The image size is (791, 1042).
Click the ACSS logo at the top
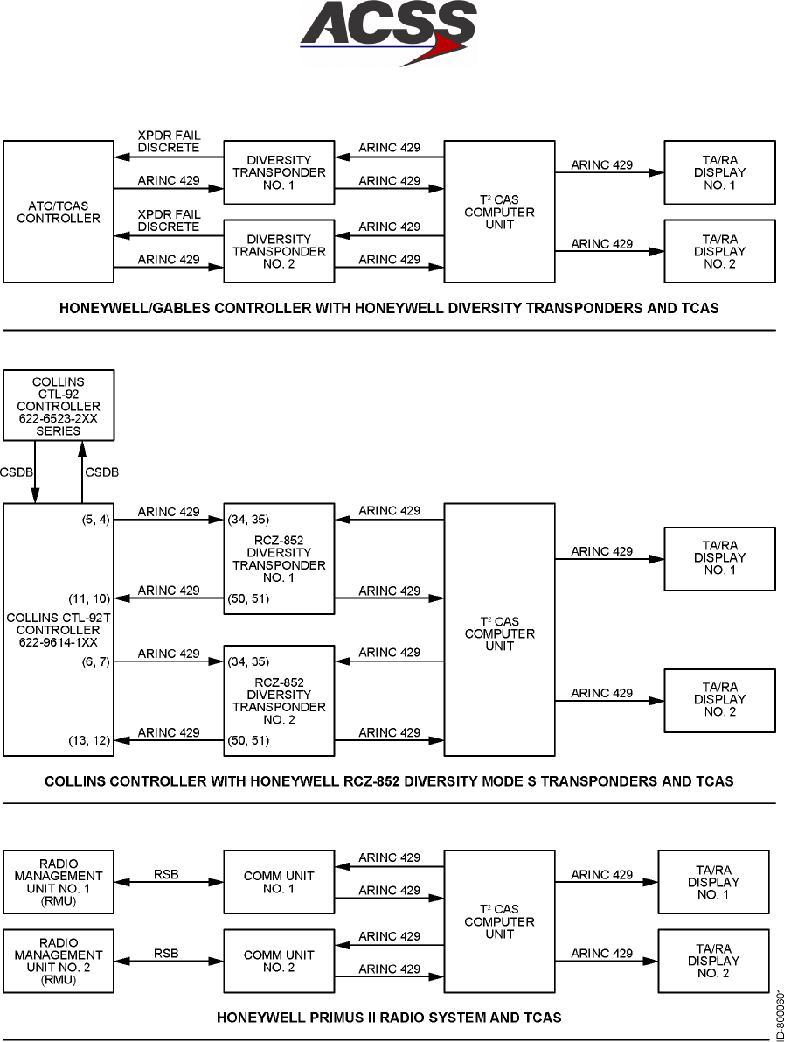pos(388,33)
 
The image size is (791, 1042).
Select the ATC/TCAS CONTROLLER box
pos(59,212)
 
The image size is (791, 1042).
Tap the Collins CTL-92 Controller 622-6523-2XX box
pos(59,406)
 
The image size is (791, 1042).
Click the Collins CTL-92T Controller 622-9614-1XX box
pos(59,629)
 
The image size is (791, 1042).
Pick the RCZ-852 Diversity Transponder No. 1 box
pos(279,557)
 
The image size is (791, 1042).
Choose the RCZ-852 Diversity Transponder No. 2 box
pos(279,700)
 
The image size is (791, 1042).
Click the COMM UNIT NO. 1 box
pos(279,882)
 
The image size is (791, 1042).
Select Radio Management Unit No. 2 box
pos(59,962)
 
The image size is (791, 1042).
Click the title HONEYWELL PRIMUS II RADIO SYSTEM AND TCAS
pos(389,1018)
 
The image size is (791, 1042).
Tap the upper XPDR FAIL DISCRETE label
pos(169,142)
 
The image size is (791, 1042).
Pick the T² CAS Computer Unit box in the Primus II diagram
pos(499,921)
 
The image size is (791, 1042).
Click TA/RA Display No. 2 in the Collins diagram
pos(719,700)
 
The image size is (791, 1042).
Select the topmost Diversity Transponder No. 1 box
pos(279,172)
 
